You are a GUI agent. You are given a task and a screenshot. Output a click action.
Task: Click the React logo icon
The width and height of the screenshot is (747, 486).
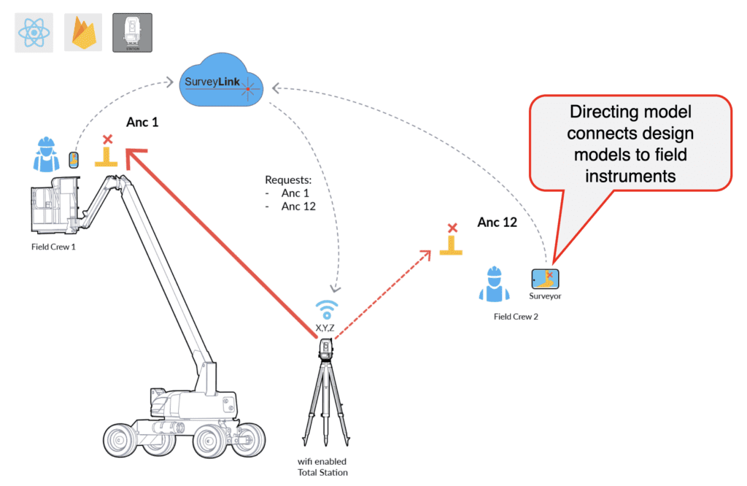click(34, 33)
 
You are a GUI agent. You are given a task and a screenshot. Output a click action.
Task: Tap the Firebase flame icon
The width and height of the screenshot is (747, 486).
click(82, 33)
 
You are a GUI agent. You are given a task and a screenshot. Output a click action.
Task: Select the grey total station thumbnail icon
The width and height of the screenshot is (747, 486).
click(132, 33)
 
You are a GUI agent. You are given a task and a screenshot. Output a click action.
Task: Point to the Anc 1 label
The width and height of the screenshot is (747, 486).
click(143, 123)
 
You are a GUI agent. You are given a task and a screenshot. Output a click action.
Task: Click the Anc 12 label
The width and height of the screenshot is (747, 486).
click(498, 222)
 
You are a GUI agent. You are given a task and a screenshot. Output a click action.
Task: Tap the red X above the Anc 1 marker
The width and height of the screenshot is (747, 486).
click(108, 139)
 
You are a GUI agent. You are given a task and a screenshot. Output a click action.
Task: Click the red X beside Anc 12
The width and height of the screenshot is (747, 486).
click(452, 228)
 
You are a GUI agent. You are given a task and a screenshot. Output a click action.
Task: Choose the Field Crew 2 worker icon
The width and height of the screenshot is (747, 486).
click(494, 285)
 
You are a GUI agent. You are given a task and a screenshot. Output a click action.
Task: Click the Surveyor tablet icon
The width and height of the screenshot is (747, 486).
click(546, 279)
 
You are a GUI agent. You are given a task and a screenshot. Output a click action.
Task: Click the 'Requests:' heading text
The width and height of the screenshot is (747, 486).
click(288, 180)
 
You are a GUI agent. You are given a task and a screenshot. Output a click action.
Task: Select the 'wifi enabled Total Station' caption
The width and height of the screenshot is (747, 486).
click(322, 466)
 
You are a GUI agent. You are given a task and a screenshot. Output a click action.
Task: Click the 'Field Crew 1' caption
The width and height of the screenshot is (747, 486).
click(53, 247)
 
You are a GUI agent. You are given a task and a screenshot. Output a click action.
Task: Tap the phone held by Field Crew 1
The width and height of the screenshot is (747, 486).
click(74, 160)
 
